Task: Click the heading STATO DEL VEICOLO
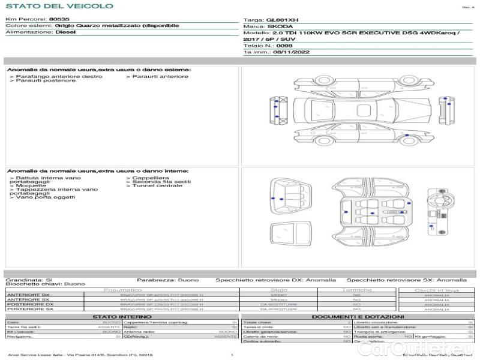point(59,6)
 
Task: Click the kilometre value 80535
point(59,20)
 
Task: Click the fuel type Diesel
point(65,32)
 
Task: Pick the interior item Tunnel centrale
point(155,186)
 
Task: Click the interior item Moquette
point(28,186)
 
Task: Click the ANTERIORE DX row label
point(28,295)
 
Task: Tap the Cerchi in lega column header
point(436,290)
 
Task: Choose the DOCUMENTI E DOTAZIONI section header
point(358,316)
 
